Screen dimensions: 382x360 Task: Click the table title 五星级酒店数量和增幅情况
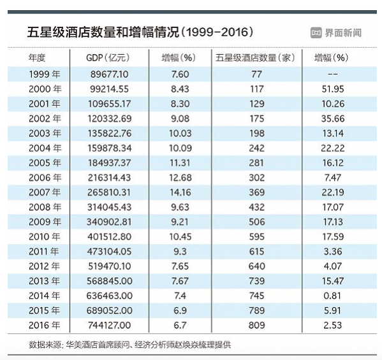[x=103, y=32]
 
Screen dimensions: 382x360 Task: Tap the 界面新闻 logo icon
[x=316, y=32]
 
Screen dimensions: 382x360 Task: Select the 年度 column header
[x=37, y=58]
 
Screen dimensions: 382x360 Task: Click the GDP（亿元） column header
[x=108, y=58]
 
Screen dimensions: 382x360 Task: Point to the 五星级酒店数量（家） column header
[x=255, y=58]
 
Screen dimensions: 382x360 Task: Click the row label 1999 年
[x=45, y=75]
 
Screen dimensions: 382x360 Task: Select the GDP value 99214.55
[x=109, y=89]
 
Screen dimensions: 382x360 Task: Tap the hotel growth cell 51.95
[x=333, y=89]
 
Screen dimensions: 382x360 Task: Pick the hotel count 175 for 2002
[x=257, y=119]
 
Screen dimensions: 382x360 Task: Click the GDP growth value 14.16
[x=180, y=192]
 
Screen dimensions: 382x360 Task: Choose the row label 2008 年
[x=45, y=207]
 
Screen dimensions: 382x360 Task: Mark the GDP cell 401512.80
[x=110, y=236]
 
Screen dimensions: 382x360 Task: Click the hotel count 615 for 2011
[x=257, y=252]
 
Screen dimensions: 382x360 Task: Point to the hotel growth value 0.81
[x=332, y=296]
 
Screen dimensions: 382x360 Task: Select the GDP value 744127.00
[x=110, y=325]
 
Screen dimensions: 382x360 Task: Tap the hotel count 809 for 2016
[x=257, y=325]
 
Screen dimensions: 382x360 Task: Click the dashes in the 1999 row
[x=333, y=75]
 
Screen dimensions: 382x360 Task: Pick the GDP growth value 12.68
[x=180, y=178]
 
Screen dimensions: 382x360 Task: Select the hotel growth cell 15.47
[x=333, y=281]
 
